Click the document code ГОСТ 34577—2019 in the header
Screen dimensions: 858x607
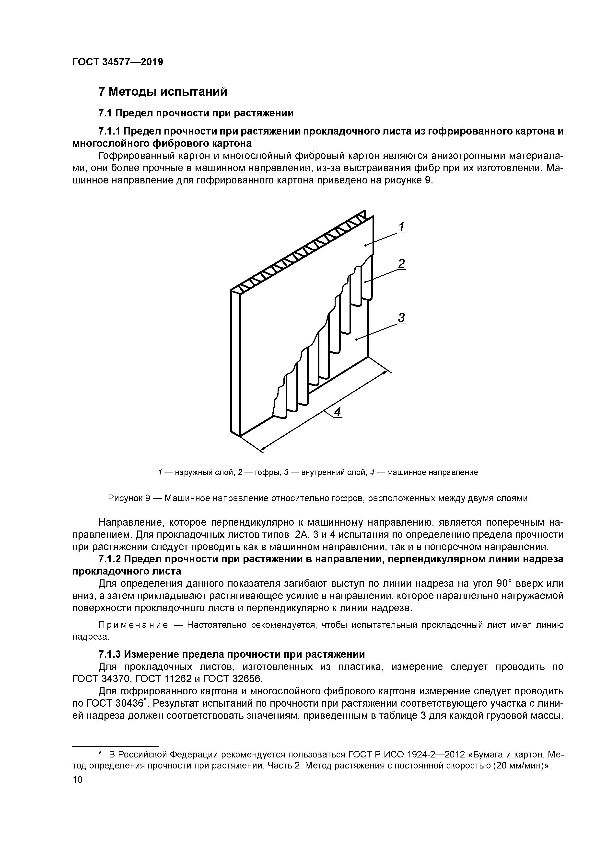point(117,62)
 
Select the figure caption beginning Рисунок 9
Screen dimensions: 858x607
point(317,498)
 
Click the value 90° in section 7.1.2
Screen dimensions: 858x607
point(503,584)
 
